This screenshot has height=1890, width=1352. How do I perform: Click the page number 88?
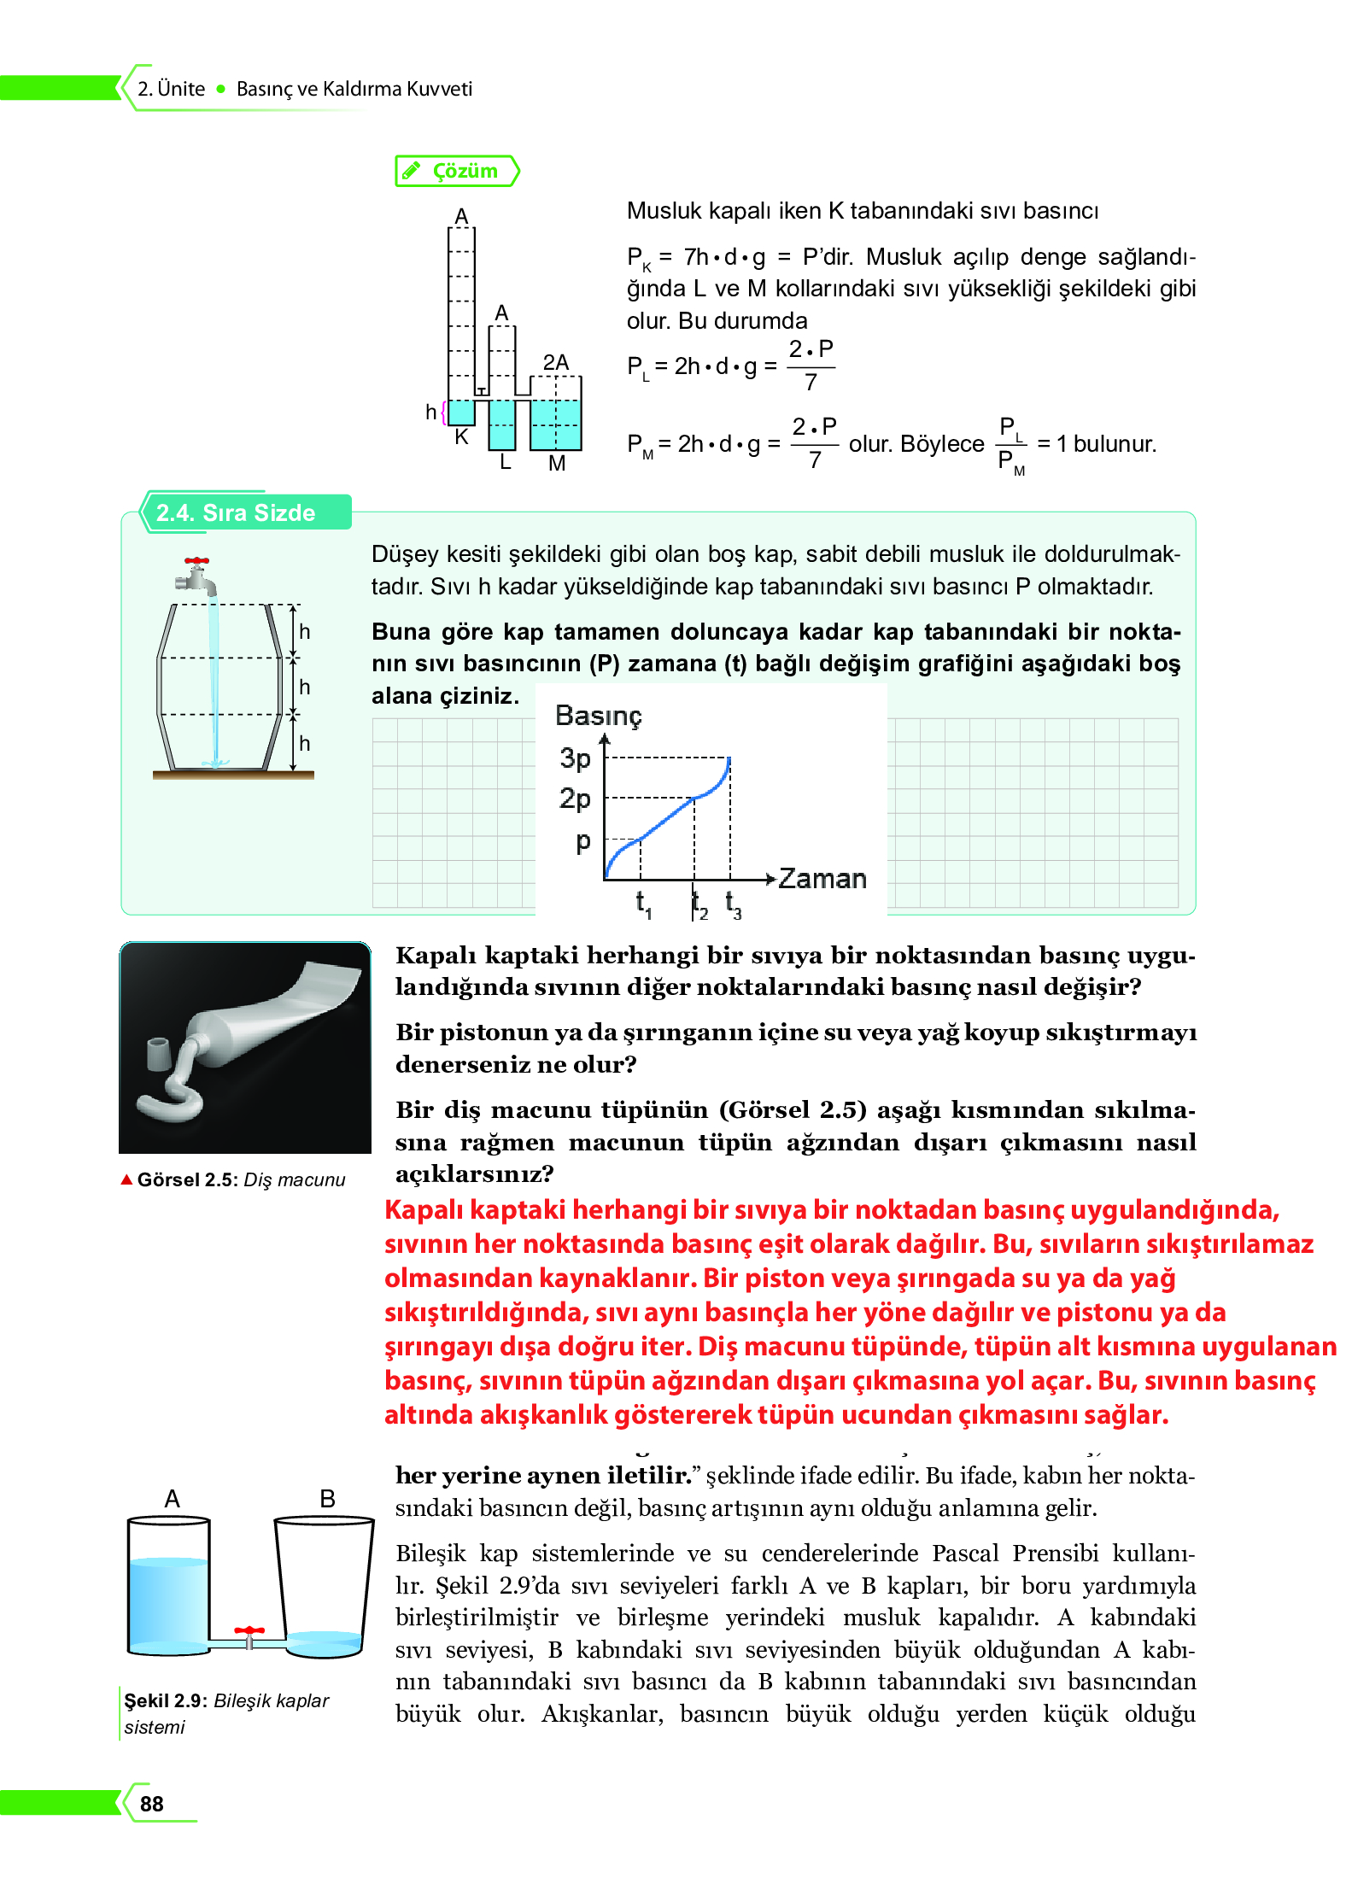(152, 1803)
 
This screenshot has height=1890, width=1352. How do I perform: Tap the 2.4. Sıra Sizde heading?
(236, 512)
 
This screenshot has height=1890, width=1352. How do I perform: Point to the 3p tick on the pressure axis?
(576, 758)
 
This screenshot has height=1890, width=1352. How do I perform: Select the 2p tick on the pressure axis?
(576, 799)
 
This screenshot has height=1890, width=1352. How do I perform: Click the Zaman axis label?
(822, 879)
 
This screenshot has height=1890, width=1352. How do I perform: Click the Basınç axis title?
(598, 716)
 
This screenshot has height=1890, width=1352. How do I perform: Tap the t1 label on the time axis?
(643, 903)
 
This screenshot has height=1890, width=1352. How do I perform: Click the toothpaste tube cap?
(159, 1054)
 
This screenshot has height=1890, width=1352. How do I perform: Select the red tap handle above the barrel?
(197, 562)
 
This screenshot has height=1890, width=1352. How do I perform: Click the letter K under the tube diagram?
(461, 436)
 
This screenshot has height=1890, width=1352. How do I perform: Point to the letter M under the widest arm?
(557, 463)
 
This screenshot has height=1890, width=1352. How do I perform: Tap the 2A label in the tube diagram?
(555, 362)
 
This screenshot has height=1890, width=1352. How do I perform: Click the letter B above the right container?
(327, 1499)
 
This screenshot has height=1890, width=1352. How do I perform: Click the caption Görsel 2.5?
(186, 1179)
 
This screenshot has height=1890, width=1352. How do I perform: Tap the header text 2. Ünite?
(172, 89)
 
